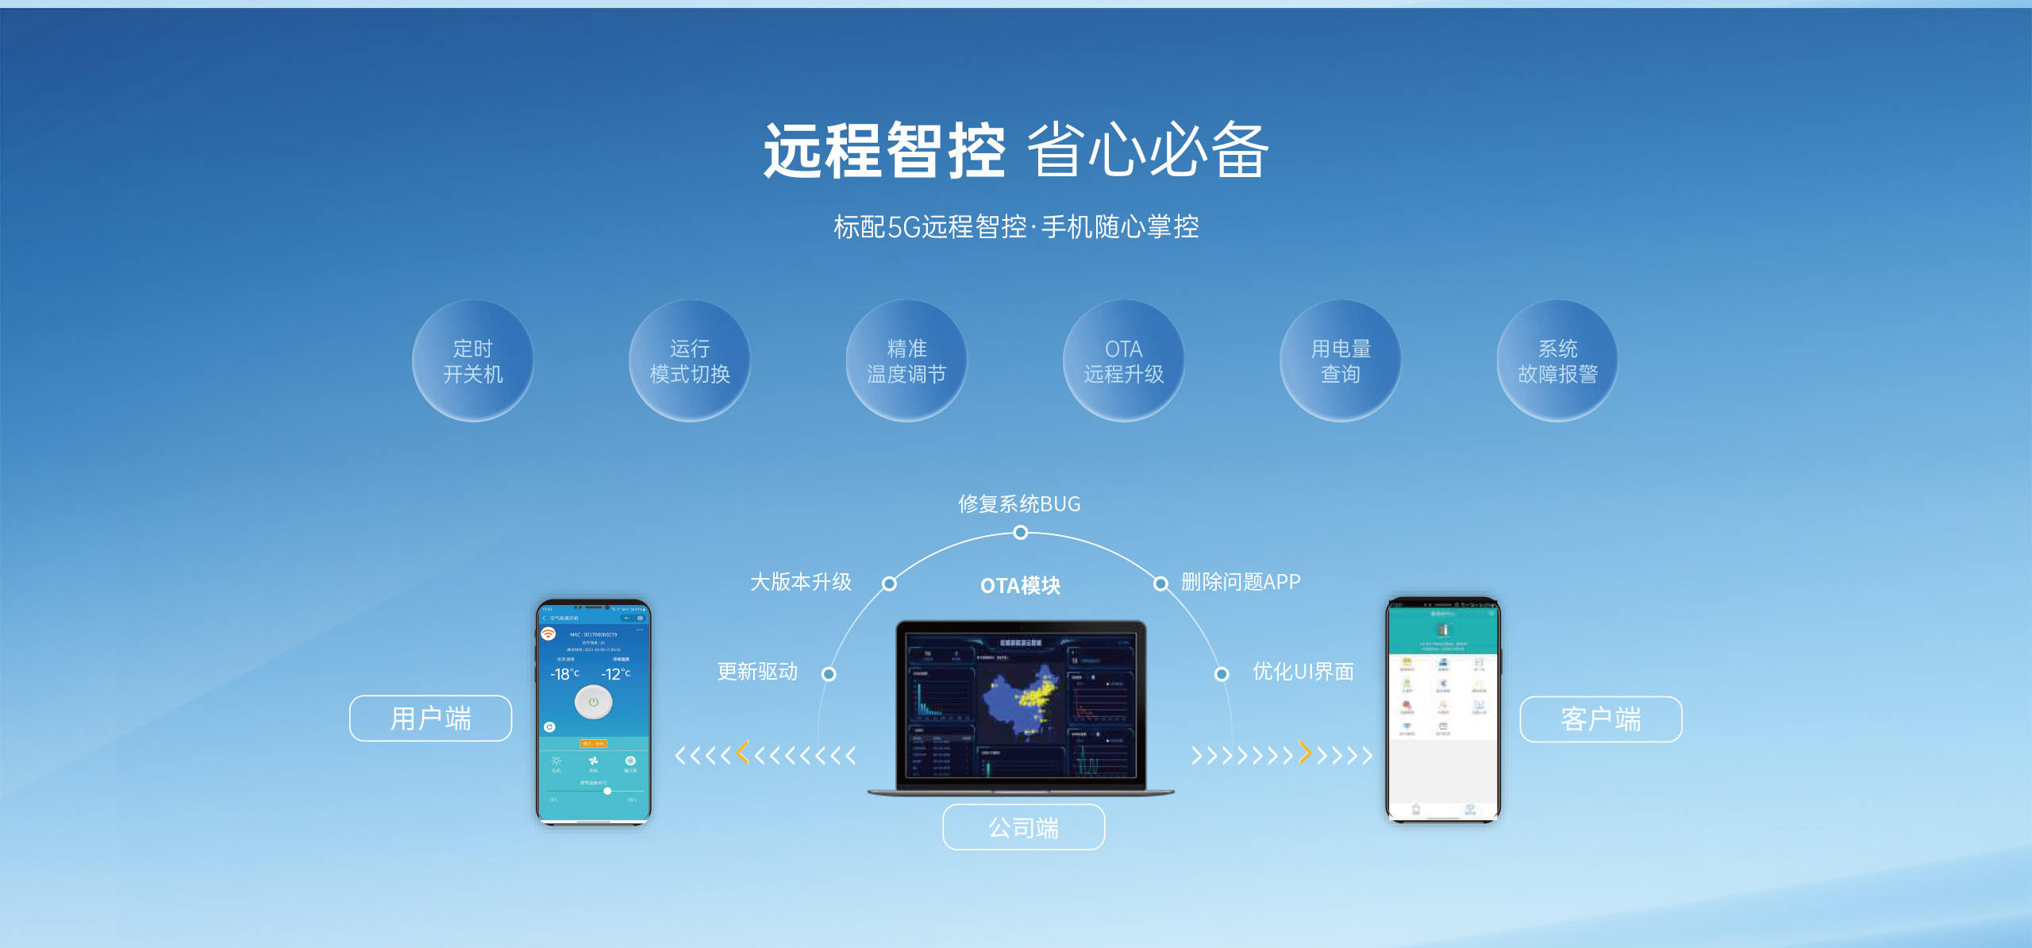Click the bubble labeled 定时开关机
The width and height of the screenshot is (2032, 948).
(472, 360)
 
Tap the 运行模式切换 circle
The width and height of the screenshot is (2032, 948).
(689, 360)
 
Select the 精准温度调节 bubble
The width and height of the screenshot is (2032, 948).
(906, 360)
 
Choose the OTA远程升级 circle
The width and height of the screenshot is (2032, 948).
(1123, 360)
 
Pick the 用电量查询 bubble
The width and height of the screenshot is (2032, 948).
(1340, 360)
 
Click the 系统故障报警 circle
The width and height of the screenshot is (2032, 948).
(1557, 360)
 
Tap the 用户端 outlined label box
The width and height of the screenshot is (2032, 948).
(430, 719)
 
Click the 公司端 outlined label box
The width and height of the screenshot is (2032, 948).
(1023, 827)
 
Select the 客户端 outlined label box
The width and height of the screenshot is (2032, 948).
(1600, 719)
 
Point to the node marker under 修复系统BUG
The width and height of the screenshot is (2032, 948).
(1021, 532)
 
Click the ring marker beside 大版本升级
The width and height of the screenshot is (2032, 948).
(890, 584)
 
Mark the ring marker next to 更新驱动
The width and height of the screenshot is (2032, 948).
(829, 674)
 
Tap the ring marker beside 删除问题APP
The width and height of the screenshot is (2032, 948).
(1160, 584)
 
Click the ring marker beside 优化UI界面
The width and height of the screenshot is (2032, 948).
(1222, 674)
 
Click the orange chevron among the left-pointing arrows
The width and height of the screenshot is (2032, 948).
(743, 752)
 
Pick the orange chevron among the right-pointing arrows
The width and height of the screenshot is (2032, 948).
(1304, 752)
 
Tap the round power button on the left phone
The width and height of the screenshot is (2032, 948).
(593, 703)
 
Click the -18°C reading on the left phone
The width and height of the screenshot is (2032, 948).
(564, 674)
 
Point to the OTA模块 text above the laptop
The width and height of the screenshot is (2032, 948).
(1020, 586)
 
